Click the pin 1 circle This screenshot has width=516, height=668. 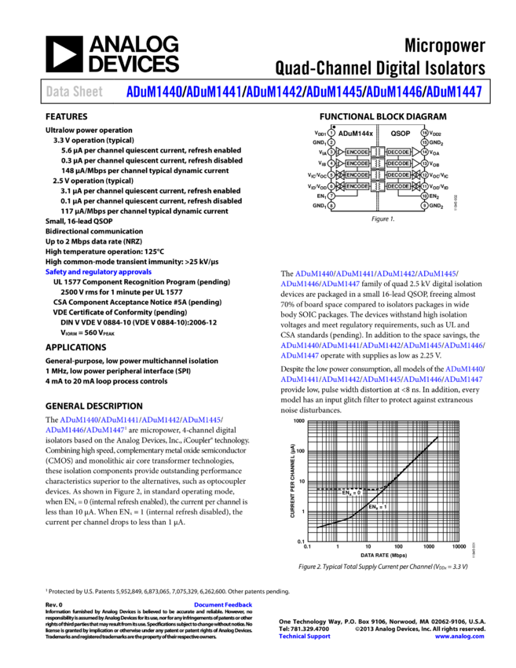pyautogui.click(x=331, y=133)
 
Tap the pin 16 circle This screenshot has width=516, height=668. pyautogui.click(x=424, y=133)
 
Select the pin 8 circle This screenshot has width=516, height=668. pyautogui.click(x=331, y=205)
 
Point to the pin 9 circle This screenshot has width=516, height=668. pyautogui.click(x=424, y=205)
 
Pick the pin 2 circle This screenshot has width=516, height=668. pyautogui.click(x=331, y=142)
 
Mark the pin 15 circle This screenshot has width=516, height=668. pyautogui.click(x=424, y=142)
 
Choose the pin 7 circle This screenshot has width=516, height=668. pyautogui.click(x=331, y=196)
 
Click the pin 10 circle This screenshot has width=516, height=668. pyautogui.click(x=424, y=196)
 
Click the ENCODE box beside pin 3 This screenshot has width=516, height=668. pyautogui.click(x=357, y=152)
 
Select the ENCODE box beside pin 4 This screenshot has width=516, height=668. pyautogui.click(x=357, y=163)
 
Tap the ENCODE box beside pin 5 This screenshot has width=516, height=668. pyautogui.click(x=357, y=174)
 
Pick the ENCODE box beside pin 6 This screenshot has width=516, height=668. pyautogui.click(x=357, y=186)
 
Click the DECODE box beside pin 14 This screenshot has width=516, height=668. pyautogui.click(x=398, y=152)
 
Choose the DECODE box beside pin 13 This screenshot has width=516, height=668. pyautogui.click(x=398, y=163)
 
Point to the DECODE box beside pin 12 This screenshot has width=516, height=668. pyautogui.click(x=398, y=174)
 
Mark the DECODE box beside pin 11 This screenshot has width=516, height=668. pyautogui.click(x=398, y=186)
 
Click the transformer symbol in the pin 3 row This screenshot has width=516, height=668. pyautogui.click(x=378, y=152)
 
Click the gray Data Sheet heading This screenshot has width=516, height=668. pyautogui.click(x=74, y=92)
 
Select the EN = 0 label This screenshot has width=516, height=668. pyautogui.click(x=351, y=493)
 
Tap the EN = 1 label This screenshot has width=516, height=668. pyautogui.click(x=378, y=507)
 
